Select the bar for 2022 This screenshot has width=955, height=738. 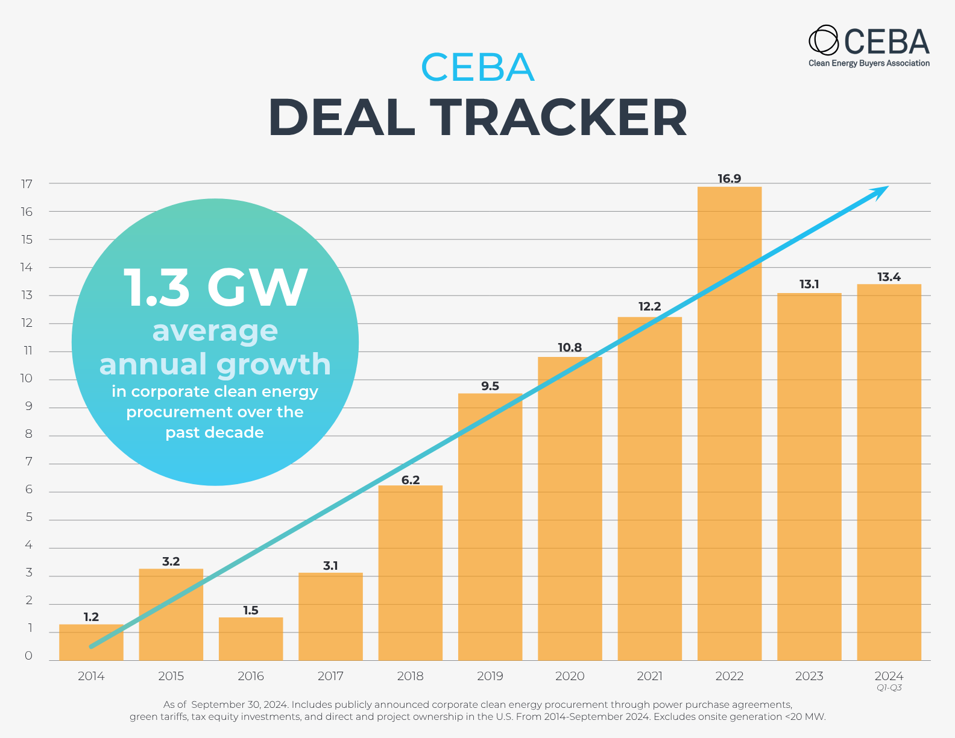click(x=730, y=422)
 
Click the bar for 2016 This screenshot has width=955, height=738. click(x=251, y=639)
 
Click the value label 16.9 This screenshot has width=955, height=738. click(x=729, y=178)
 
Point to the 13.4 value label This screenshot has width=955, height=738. click(x=889, y=277)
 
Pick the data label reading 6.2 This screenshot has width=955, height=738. click(x=411, y=480)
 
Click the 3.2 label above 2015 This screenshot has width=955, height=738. click(x=171, y=561)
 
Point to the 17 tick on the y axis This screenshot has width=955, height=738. click(x=27, y=184)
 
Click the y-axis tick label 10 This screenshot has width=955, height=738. click(x=27, y=379)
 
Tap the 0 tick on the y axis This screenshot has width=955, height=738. click(x=28, y=656)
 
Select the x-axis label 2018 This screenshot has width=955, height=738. click(x=411, y=676)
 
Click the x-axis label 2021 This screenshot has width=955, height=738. click(x=649, y=676)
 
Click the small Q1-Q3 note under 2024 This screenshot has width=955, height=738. click(x=889, y=688)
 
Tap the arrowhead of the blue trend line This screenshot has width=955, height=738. click(x=881, y=191)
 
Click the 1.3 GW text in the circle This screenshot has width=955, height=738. click(x=215, y=288)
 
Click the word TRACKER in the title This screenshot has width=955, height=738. click(x=558, y=117)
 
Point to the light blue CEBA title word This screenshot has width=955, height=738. click(x=477, y=67)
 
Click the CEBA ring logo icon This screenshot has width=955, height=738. click(x=823, y=40)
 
